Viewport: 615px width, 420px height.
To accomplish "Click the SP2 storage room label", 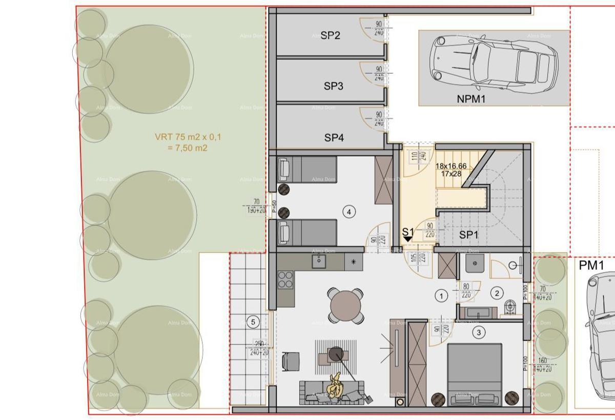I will tap(331, 35).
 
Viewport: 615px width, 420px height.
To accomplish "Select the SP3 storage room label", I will tap(333, 86).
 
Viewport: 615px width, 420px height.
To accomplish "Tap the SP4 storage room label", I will tap(334, 137).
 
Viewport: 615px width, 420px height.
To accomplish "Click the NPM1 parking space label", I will tap(470, 99).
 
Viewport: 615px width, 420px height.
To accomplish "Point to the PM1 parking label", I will tap(591, 265).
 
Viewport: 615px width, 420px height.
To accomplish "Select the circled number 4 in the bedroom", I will tap(349, 211).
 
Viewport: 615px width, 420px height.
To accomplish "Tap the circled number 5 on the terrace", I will tap(253, 322).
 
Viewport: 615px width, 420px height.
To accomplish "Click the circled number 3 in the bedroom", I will tap(479, 332).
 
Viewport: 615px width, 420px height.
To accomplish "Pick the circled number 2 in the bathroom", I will tap(497, 293).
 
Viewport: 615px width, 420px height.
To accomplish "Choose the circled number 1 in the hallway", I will tap(441, 295).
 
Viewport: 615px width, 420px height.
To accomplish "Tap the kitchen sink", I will tap(319, 261).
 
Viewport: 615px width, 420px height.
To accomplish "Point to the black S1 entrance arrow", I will tap(407, 238).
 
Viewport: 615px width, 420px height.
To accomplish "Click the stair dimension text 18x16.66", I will tap(451, 166).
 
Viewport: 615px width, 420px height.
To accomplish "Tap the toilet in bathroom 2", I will tap(509, 306).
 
